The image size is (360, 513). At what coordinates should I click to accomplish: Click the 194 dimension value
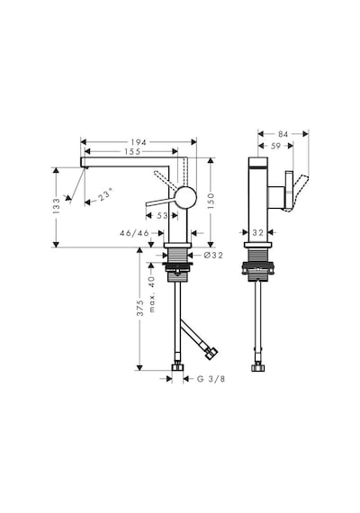click(139, 142)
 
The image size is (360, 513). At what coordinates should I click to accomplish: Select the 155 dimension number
click(132, 151)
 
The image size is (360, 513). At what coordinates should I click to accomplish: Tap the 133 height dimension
click(57, 206)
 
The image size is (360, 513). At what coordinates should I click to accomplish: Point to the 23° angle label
click(105, 194)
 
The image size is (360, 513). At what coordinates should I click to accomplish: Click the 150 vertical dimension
click(210, 202)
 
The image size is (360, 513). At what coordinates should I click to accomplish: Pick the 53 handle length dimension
click(162, 216)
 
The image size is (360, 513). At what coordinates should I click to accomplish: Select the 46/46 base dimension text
click(134, 233)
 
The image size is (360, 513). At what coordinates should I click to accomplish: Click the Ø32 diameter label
click(213, 256)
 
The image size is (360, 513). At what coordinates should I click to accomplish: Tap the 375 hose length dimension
click(140, 308)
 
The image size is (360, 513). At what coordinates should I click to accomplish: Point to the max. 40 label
click(151, 294)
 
